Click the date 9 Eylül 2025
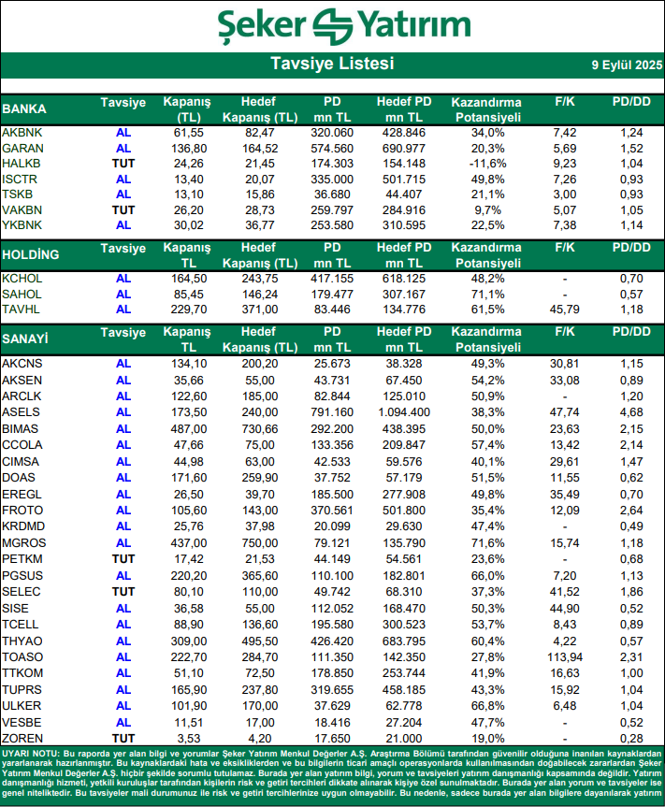626,65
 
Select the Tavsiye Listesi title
332,64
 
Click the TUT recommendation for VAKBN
123,209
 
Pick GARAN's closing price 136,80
189,149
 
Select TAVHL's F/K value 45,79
563,309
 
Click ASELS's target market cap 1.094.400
404,411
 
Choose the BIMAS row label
22,428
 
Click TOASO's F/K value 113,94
563,657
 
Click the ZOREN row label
22,739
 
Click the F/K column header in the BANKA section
563,101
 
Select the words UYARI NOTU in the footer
31,753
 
